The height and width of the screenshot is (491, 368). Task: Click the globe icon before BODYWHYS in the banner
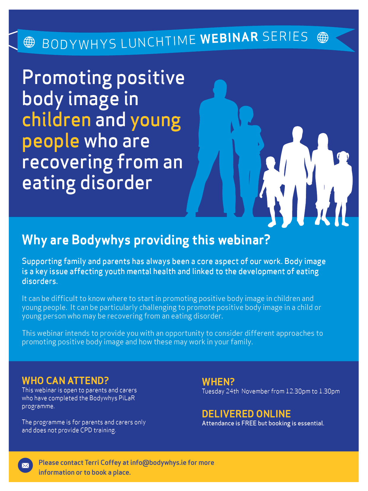click(x=29, y=42)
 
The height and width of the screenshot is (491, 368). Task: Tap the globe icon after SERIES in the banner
click(x=323, y=37)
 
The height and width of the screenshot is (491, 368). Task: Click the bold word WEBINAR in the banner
click(x=229, y=38)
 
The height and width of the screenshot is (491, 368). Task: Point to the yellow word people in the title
click(x=51, y=141)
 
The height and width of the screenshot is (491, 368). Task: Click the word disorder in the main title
click(x=116, y=183)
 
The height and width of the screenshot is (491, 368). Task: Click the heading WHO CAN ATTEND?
click(x=65, y=380)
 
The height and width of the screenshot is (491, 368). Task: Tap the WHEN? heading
click(x=218, y=382)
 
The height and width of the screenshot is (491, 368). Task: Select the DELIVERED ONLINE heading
click(x=246, y=414)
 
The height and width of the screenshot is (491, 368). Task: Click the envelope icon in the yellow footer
click(x=25, y=465)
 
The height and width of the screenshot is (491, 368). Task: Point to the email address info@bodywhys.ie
click(x=158, y=463)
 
